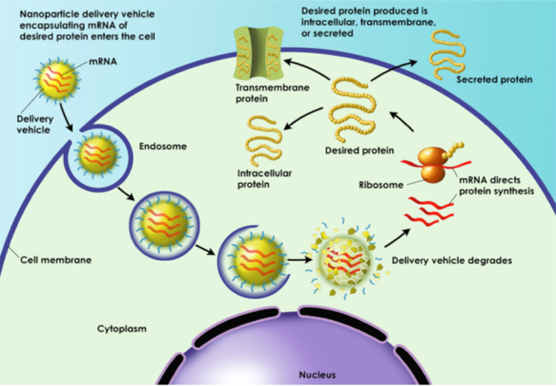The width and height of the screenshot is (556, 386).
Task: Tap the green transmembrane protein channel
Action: click(258, 53)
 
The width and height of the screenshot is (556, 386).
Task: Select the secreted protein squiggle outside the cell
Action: click(446, 55)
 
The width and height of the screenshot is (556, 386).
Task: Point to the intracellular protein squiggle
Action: click(263, 141)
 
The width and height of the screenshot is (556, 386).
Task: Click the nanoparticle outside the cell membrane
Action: click(57, 81)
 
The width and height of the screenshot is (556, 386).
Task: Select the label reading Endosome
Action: click(163, 147)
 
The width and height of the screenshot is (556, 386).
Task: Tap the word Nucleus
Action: click(317, 375)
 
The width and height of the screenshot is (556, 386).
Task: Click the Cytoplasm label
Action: click(121, 329)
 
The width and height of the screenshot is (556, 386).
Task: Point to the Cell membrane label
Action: click(55, 260)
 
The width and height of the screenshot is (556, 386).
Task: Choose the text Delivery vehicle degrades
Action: click(452, 261)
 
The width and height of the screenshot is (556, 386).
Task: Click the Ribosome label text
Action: click(381, 185)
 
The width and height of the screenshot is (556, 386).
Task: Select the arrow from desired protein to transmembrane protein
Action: click(307, 68)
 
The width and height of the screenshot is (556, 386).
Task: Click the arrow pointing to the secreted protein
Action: click(394, 70)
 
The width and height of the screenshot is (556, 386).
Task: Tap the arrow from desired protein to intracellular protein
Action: click(302, 117)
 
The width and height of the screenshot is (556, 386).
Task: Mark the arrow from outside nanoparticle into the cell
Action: click(66, 117)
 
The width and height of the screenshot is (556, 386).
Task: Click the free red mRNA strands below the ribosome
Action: click(429, 211)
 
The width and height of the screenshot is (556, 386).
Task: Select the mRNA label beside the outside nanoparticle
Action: click(103, 61)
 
